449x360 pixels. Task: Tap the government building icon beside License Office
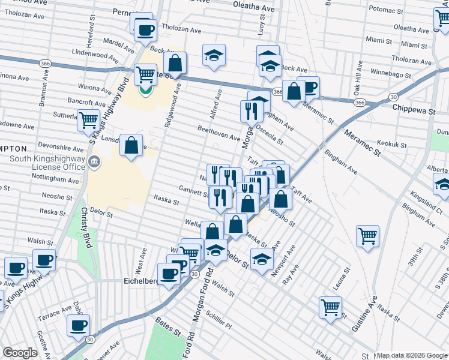point(95,162)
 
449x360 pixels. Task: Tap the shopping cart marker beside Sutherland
point(88,119)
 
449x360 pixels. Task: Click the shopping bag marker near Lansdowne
point(131,145)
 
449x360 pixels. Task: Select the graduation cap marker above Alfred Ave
point(213,55)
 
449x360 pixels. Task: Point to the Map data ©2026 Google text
point(412,355)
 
